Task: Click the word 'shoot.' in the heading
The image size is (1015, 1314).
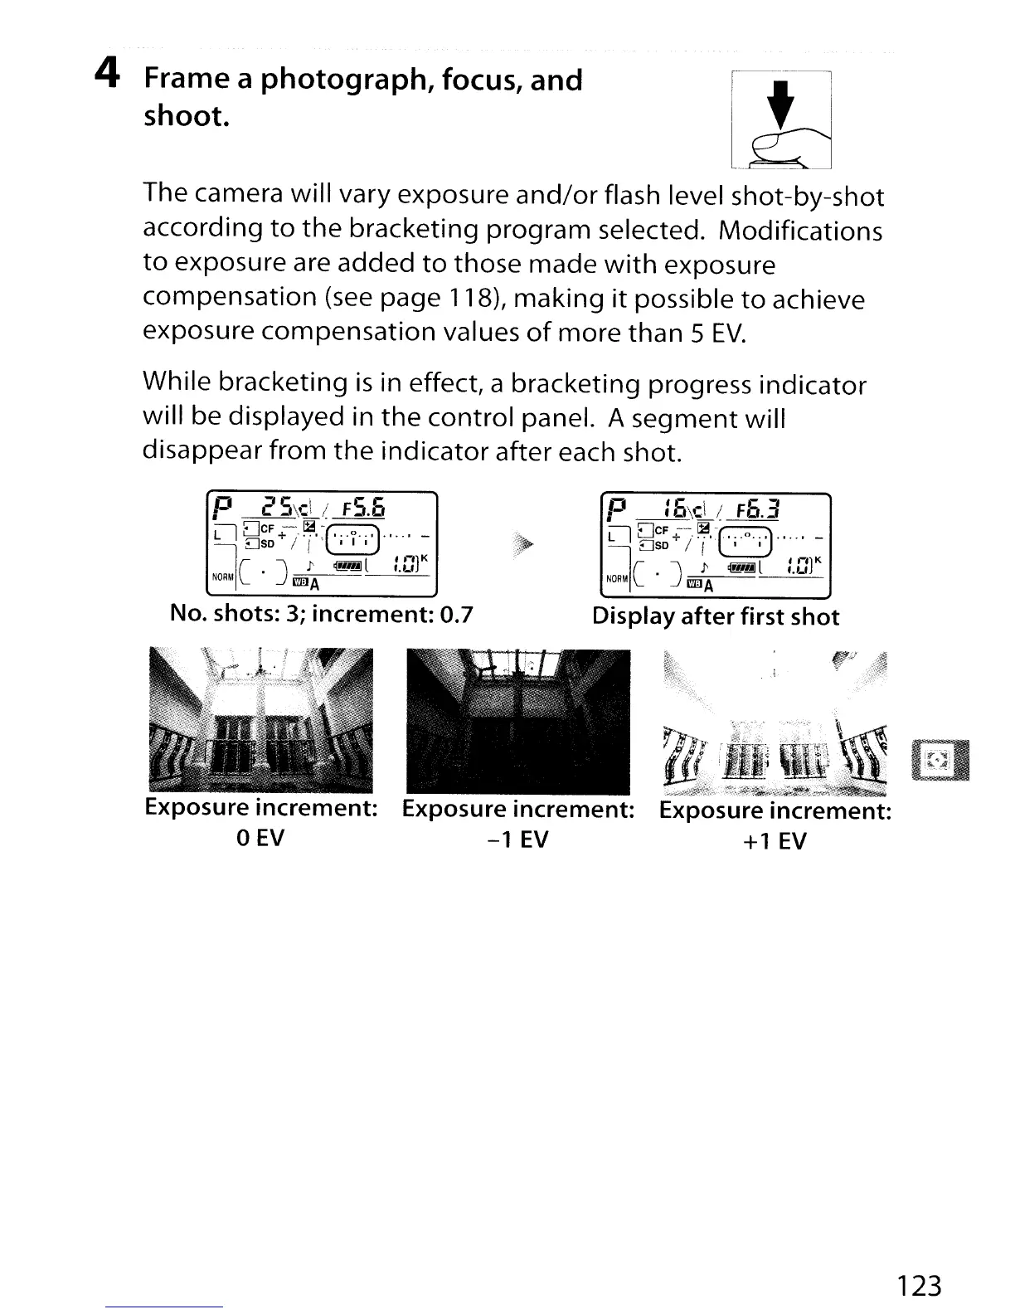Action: click(187, 115)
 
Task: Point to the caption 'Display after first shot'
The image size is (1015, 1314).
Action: click(715, 616)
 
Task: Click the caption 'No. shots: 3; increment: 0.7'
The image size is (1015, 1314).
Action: click(321, 614)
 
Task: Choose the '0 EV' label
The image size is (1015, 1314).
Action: click(260, 838)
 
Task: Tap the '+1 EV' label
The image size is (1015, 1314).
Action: click(775, 841)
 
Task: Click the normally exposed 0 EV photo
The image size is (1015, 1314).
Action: click(260, 719)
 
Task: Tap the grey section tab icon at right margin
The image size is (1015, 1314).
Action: click(940, 759)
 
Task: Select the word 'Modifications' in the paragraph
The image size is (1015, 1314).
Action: click(800, 230)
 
